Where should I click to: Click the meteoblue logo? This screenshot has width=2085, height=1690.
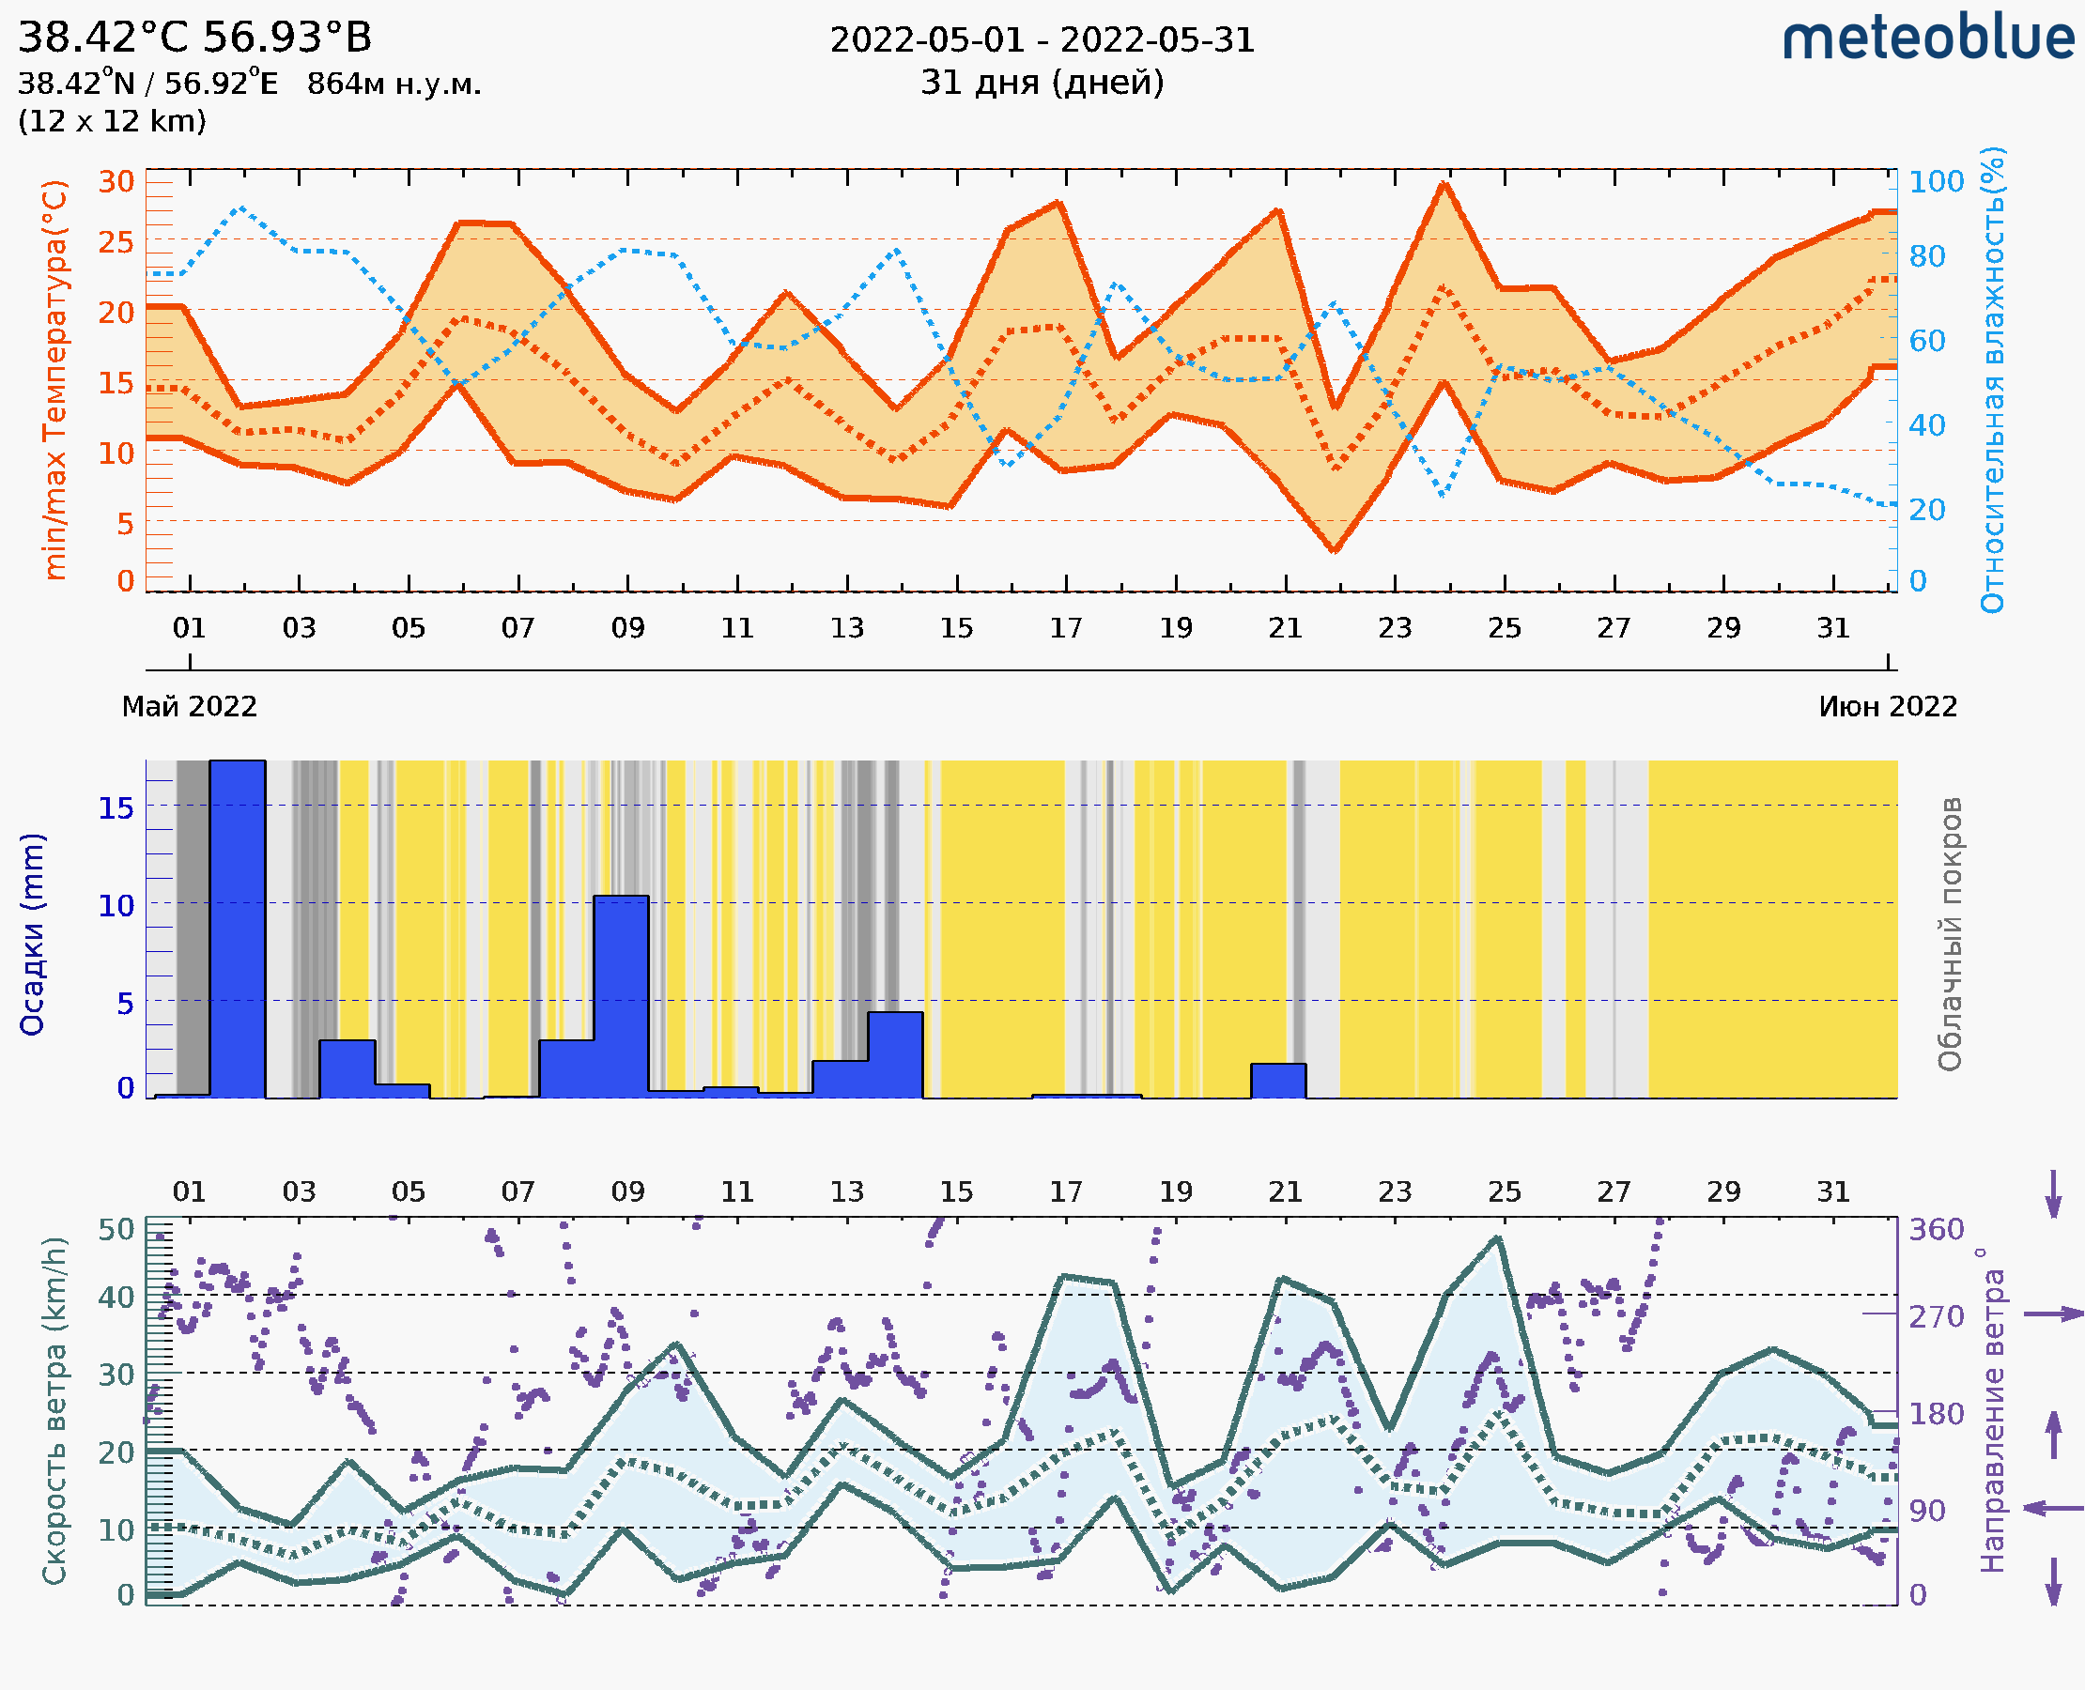(x=1927, y=38)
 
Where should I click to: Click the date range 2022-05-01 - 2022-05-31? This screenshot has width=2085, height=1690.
(x=1042, y=40)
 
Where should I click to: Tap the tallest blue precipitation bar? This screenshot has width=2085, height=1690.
(x=238, y=929)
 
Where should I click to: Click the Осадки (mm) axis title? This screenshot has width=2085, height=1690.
(x=32, y=934)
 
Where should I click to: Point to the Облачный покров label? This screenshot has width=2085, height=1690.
(x=1949, y=934)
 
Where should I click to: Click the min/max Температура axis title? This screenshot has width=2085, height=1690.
(x=55, y=379)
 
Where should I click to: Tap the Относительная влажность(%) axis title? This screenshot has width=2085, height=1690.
(x=1992, y=379)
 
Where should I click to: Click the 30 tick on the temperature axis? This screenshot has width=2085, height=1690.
(x=116, y=181)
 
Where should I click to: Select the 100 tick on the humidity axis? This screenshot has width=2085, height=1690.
(x=1936, y=181)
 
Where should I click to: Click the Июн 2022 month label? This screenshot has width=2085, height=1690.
(x=1888, y=707)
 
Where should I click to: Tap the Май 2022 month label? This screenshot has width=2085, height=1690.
(x=189, y=707)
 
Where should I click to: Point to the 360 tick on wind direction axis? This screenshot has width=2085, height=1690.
(x=1936, y=1230)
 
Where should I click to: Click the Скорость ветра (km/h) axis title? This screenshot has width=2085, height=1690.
(x=55, y=1410)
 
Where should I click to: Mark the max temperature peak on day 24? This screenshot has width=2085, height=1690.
(x=1444, y=184)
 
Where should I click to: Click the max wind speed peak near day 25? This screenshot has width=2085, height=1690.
(x=1499, y=1238)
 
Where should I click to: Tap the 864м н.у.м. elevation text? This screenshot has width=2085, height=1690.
(x=394, y=84)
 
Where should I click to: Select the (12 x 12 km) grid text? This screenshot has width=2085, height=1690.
(x=112, y=122)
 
